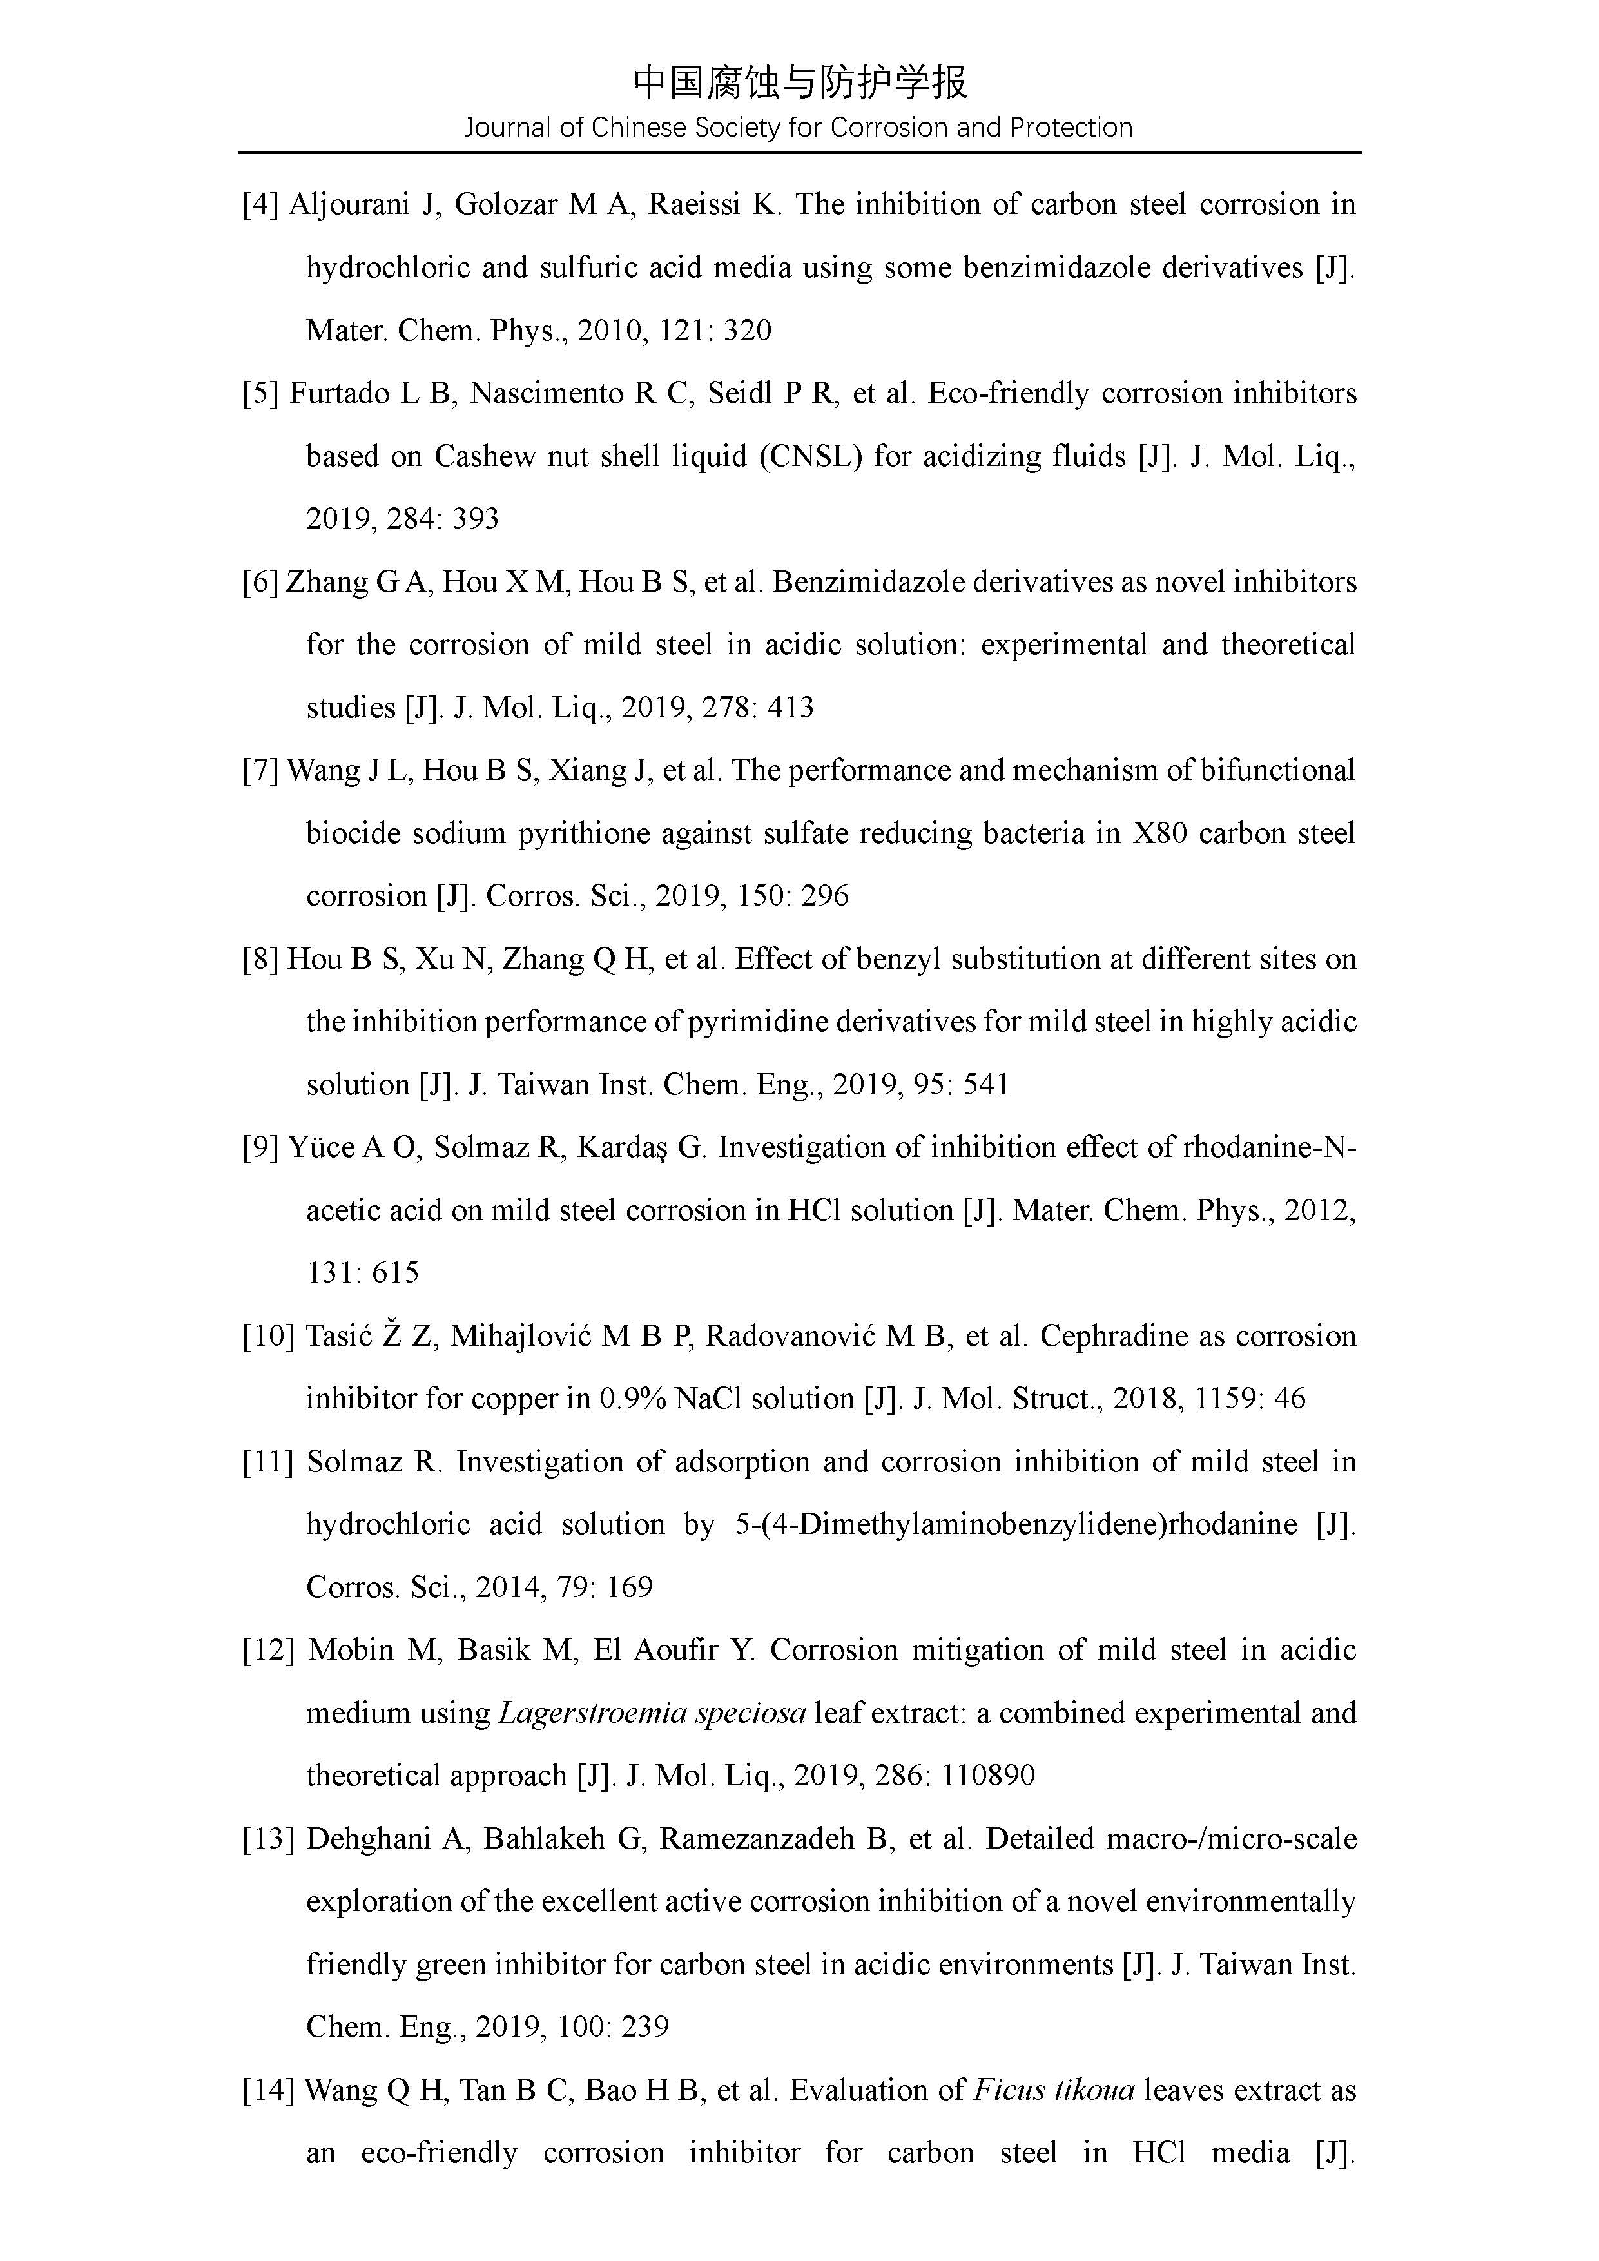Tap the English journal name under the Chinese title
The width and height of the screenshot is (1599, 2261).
coord(799,128)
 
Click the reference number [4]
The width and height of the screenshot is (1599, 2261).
coord(261,205)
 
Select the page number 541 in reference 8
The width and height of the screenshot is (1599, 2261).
coord(987,1085)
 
